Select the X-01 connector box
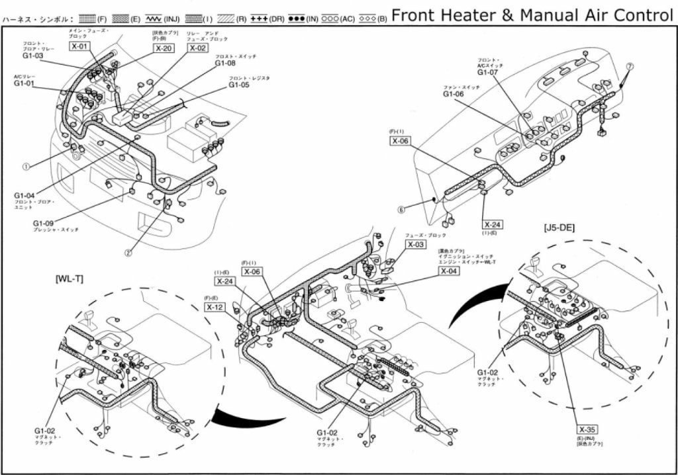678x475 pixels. (79, 46)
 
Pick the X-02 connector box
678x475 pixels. (197, 48)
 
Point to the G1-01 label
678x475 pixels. (24, 84)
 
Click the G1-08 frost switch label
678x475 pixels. (226, 64)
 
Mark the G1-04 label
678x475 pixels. (24, 196)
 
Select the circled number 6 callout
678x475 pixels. (401, 210)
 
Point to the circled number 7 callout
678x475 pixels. (630, 66)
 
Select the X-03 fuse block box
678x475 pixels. (416, 245)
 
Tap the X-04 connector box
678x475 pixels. (448, 271)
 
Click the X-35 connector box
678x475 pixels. (586, 428)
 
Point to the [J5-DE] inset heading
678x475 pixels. (559, 228)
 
